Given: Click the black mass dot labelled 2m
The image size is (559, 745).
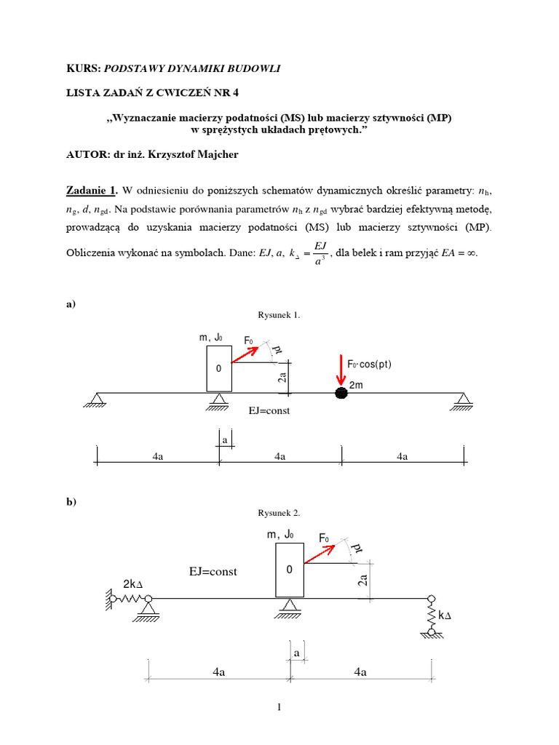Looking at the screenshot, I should (341, 393).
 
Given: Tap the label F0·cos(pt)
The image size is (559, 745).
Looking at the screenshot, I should (368, 364).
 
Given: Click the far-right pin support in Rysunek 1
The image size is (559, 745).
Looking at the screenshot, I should (463, 399).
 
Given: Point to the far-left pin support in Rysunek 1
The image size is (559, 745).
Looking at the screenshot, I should (95, 399).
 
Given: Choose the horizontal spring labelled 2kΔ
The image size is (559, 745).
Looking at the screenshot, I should (127, 598).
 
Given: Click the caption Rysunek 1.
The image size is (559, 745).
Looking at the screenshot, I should (279, 315).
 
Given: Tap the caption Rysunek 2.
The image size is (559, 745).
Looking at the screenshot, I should (279, 513).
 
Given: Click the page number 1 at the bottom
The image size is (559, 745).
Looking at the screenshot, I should (279, 706).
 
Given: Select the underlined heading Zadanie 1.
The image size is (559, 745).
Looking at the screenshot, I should (91, 191).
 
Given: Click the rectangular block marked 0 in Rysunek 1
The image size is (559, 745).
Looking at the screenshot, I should (218, 369).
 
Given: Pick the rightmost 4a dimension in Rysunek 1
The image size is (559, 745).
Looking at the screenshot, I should (402, 456).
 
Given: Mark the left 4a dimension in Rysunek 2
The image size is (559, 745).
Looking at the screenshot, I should (218, 673).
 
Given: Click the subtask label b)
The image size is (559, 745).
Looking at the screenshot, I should (71, 502).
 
